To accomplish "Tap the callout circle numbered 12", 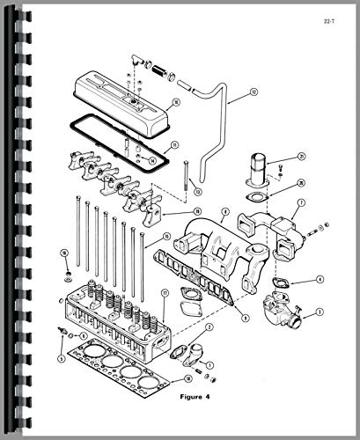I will [x=254, y=91].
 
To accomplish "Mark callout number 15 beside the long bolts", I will [x=163, y=236].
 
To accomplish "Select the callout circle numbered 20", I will [x=301, y=183].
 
